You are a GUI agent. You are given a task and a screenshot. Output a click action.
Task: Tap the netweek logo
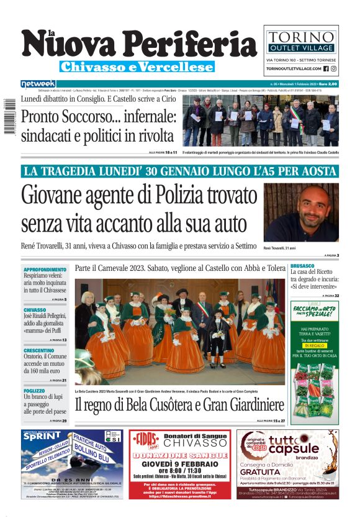coord(38,83)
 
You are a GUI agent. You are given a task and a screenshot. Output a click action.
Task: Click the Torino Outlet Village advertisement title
coord(301,34)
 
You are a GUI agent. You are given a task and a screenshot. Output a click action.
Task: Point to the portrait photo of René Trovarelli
coord(301,212)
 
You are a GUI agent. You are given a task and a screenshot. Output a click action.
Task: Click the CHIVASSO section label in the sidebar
coord(35,309)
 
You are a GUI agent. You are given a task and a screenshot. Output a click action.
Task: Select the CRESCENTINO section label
coord(39,350)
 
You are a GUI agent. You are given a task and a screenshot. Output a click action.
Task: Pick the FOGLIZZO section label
coord(34,391)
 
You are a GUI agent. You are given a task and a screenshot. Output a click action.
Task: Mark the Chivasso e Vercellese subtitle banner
coord(137,66)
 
